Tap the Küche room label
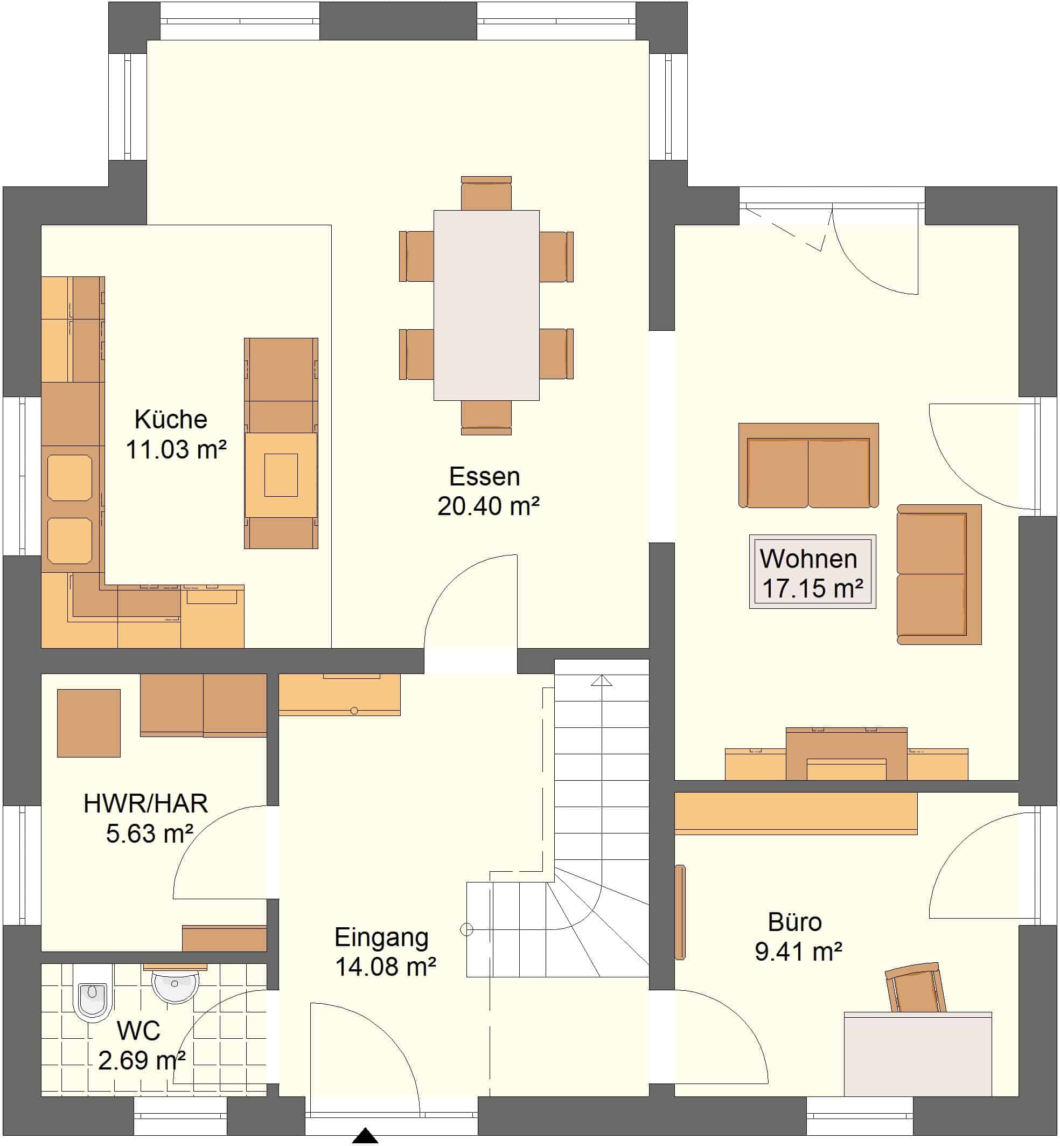(x=171, y=420)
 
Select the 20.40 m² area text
(x=488, y=506)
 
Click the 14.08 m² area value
(x=386, y=967)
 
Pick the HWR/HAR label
(x=145, y=803)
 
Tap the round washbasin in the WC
(x=175, y=986)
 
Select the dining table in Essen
(x=486, y=305)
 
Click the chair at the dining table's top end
(x=486, y=193)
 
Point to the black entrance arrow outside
(x=365, y=1136)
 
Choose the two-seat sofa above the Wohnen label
(x=808, y=466)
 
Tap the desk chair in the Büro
(x=916, y=989)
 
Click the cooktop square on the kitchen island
(x=281, y=475)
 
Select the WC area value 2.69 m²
(x=142, y=1060)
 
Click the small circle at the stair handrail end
(x=466, y=929)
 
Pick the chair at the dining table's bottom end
(x=486, y=418)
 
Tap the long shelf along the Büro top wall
(x=796, y=813)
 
